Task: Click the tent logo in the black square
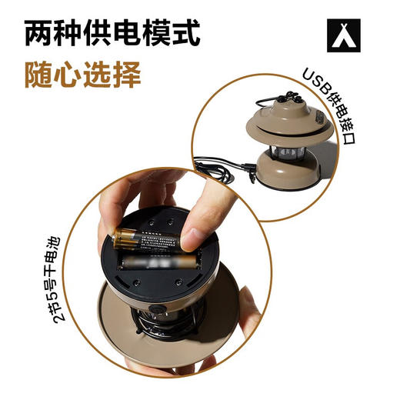pos(344,34)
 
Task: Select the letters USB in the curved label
pos(315,82)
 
